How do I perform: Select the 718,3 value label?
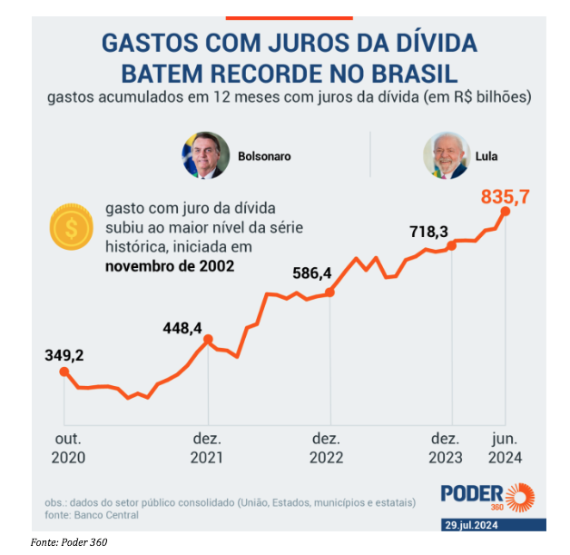coord(429,233)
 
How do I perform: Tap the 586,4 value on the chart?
coord(312,272)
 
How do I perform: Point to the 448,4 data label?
coord(182,328)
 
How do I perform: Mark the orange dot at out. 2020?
coord(64,371)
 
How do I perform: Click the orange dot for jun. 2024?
coord(506,212)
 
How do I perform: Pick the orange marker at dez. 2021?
coord(208,341)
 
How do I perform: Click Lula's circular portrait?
coord(446,155)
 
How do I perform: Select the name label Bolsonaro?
coord(264,156)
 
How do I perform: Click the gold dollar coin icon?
coord(69,231)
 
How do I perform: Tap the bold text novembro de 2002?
coord(169,266)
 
